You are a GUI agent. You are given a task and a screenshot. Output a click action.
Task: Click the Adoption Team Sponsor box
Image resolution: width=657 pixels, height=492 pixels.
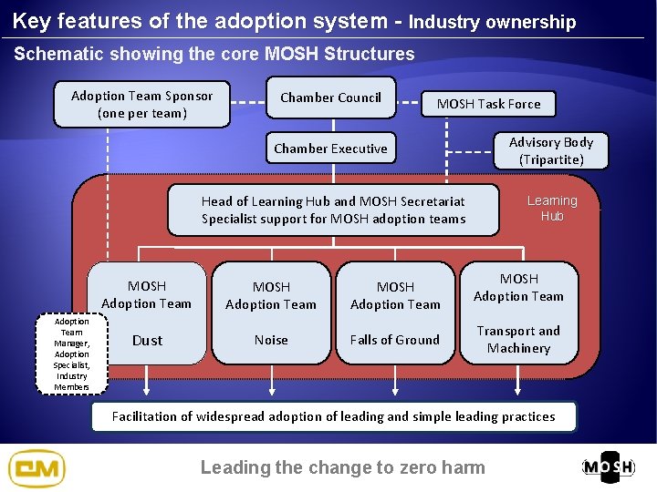click(x=141, y=105)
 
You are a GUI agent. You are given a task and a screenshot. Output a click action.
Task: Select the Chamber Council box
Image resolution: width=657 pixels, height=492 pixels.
click(x=330, y=97)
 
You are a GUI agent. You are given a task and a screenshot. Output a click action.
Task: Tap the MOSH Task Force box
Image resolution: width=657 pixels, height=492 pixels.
click(x=488, y=104)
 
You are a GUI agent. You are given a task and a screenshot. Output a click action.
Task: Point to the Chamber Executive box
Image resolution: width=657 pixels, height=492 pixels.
click(x=330, y=149)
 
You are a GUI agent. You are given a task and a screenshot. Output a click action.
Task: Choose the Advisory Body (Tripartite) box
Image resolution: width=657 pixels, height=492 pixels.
click(x=550, y=150)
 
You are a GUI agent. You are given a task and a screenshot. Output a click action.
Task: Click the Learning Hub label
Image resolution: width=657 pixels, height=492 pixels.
click(x=552, y=209)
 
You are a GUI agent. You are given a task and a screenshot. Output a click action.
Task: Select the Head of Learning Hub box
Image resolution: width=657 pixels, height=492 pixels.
click(x=333, y=210)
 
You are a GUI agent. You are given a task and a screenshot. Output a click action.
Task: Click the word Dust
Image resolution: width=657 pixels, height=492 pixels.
click(x=147, y=341)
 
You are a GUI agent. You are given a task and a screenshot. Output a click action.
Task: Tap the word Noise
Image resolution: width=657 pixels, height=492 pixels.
click(x=271, y=340)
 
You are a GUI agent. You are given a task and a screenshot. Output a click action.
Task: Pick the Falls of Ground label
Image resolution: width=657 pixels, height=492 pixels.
click(x=395, y=340)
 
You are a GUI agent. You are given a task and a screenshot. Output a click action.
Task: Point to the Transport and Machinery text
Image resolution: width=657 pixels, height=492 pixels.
click(x=518, y=339)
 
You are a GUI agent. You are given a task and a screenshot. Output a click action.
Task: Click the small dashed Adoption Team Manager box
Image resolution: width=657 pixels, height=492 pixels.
click(x=72, y=354)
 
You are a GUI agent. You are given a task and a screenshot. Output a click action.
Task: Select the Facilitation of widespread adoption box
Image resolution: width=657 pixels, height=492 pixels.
click(x=333, y=416)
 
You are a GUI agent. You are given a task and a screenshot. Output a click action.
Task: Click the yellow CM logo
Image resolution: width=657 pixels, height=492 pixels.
click(x=36, y=468)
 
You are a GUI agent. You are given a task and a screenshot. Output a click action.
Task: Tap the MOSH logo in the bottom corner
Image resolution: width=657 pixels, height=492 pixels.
click(x=609, y=467)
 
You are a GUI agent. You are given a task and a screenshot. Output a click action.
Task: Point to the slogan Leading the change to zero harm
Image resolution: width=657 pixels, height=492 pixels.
click(x=342, y=467)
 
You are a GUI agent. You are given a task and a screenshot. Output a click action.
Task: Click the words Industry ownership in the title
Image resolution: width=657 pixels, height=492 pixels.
click(x=493, y=22)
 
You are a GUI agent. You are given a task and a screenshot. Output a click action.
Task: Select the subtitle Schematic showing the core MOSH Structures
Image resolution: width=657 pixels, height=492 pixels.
click(x=214, y=54)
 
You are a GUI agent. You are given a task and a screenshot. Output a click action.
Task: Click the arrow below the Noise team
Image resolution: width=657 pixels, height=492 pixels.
click(x=271, y=383)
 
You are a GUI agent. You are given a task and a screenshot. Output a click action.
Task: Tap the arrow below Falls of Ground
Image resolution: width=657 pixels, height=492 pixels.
click(x=395, y=383)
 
